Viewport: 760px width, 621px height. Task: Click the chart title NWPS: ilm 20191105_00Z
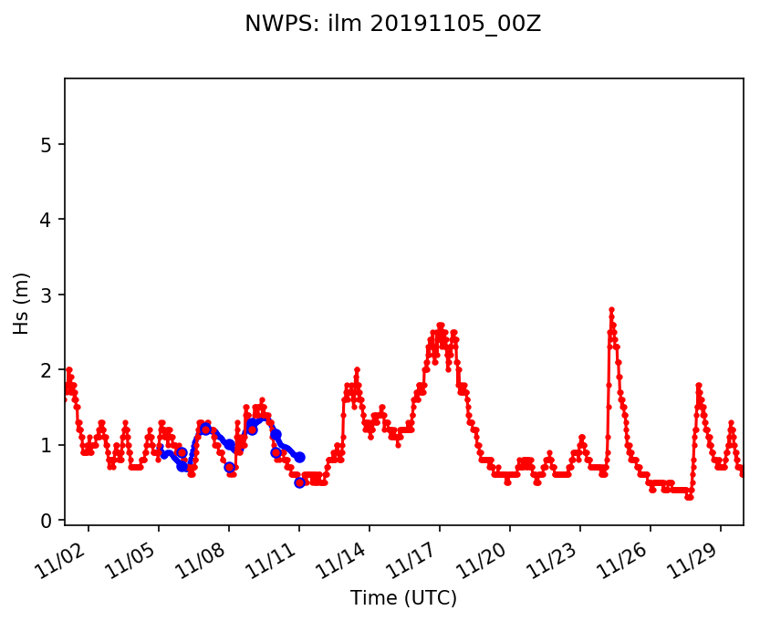click(x=392, y=25)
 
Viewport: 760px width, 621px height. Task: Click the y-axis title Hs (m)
click(x=22, y=303)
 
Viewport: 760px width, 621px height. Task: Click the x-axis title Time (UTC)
click(x=403, y=597)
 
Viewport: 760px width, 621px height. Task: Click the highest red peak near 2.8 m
click(x=611, y=310)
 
